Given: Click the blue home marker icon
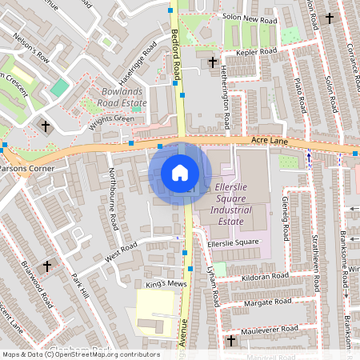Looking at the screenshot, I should click(180, 172).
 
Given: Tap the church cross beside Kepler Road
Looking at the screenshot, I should click(212, 61).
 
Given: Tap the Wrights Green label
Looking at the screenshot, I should click(111, 119).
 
